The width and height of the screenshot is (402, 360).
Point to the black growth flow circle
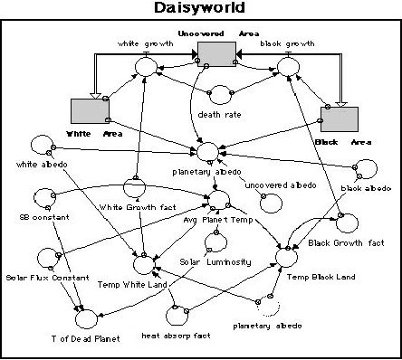(288, 65)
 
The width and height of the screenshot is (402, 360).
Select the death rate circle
(217, 96)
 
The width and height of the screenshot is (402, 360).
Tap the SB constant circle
(43, 196)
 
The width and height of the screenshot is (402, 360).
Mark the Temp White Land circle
(145, 265)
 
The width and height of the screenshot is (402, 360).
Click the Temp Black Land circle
(287, 258)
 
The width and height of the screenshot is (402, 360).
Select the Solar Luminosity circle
(216, 242)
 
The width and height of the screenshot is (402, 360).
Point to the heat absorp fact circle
(177, 315)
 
